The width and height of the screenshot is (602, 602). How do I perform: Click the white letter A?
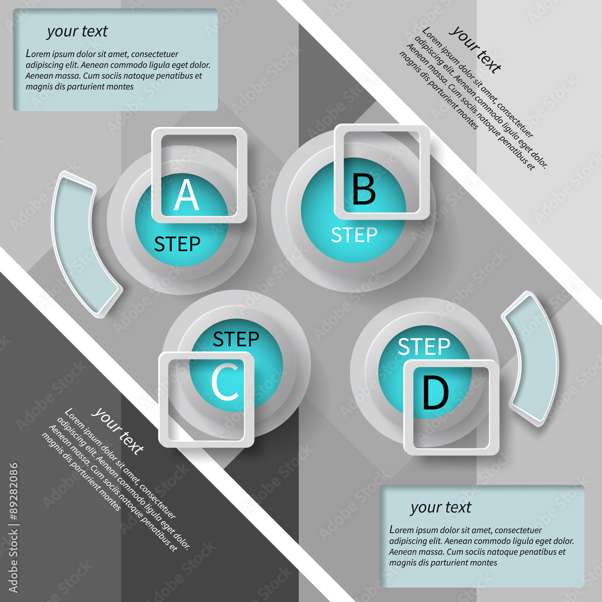pos(187,194)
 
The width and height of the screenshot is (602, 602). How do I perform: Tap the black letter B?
pos(364,189)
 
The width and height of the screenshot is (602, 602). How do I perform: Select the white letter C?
pos(225,382)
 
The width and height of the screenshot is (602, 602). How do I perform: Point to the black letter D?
pos(436,392)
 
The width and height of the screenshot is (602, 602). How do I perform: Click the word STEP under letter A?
pos(178,244)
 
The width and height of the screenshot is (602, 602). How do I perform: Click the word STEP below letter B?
pos(355,235)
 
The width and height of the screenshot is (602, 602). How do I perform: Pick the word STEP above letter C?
pos(236,339)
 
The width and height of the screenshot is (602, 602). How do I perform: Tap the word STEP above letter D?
pos(424,347)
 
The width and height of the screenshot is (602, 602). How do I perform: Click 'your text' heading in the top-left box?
pos(78,31)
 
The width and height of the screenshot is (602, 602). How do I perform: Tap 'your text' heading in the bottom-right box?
pos(441,507)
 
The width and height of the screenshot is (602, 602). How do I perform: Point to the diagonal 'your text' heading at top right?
pos(476,49)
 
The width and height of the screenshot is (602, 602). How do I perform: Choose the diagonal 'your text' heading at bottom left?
pos(118,430)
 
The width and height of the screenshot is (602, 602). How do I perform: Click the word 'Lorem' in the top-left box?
pos(37,54)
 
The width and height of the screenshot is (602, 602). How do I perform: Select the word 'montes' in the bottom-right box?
pos(484,563)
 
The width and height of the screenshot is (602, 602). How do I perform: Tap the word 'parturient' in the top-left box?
pos(86,87)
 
